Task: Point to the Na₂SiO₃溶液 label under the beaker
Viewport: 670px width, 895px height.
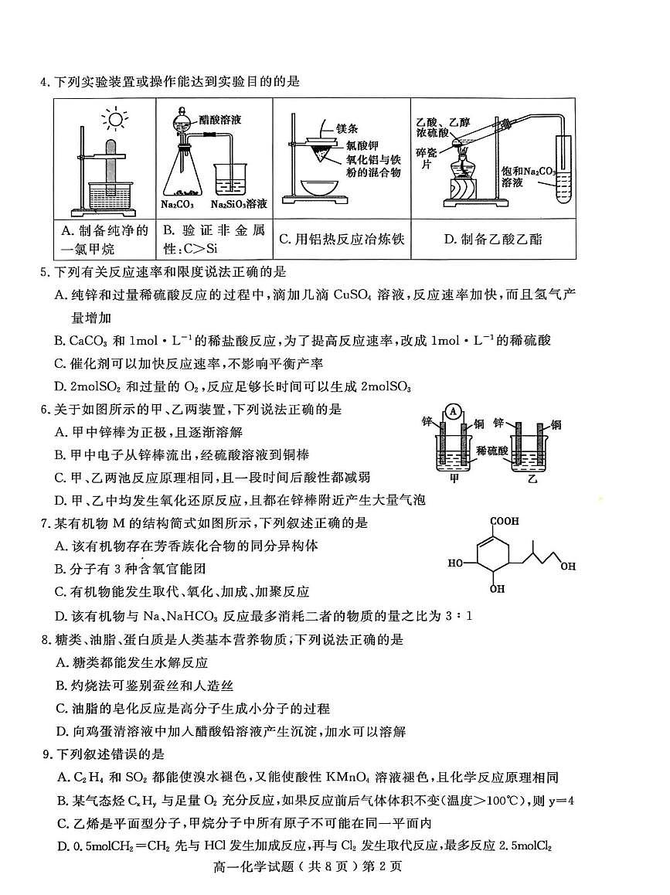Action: point(239,204)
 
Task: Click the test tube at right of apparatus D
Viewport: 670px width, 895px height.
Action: point(562,170)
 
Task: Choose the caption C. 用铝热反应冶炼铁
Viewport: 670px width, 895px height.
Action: point(341,240)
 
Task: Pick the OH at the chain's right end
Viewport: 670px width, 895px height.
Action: point(568,567)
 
